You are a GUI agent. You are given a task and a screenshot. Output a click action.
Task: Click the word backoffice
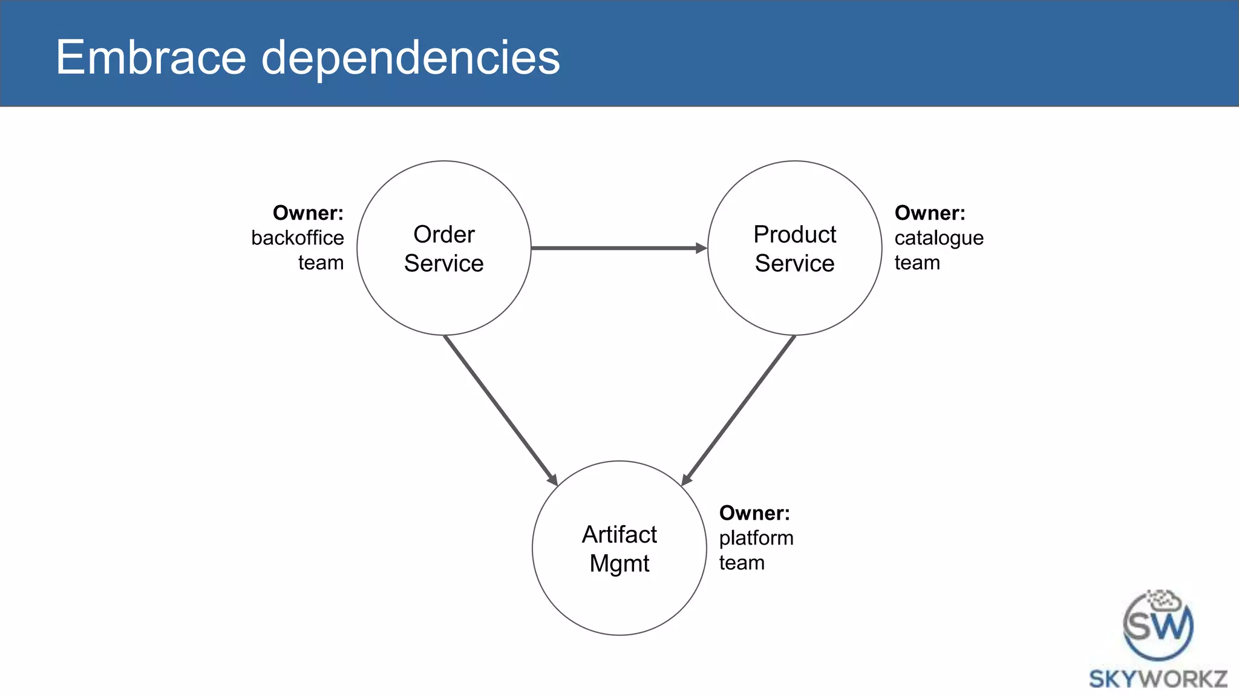(x=297, y=238)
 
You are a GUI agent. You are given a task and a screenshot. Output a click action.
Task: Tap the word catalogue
(x=939, y=238)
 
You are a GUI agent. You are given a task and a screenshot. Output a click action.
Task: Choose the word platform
(x=756, y=538)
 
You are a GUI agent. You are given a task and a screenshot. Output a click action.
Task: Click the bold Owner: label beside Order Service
(x=308, y=213)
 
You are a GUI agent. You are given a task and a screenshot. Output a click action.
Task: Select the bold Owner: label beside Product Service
(x=930, y=213)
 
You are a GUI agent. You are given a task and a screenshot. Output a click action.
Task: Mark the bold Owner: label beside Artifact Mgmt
(x=754, y=513)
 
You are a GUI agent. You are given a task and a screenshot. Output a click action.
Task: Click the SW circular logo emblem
(x=1158, y=626)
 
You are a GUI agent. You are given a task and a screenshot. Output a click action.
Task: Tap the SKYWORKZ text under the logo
(x=1158, y=679)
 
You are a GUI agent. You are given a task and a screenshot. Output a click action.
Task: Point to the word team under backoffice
(x=321, y=263)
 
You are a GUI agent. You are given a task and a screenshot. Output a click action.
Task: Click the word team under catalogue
(x=917, y=263)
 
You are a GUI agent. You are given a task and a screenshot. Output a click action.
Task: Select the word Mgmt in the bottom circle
(x=619, y=564)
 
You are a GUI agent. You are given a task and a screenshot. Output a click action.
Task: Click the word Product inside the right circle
(x=794, y=234)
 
